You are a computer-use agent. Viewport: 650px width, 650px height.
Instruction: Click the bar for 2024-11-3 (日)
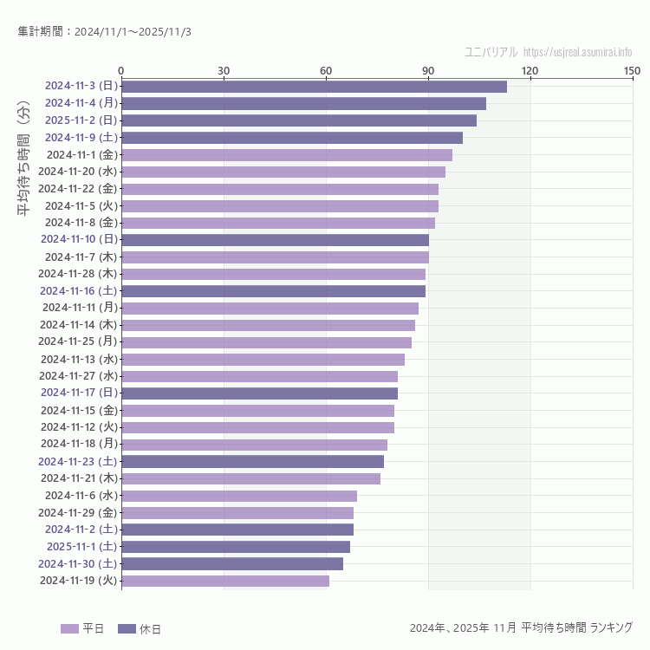[x=314, y=86]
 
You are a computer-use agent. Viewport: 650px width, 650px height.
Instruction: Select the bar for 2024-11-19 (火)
[x=225, y=581]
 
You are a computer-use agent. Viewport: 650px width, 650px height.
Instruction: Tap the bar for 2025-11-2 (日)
[x=298, y=120]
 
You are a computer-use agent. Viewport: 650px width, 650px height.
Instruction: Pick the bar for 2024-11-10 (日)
[x=275, y=239]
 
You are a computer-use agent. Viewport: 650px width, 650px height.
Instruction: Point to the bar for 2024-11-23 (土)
[x=252, y=461]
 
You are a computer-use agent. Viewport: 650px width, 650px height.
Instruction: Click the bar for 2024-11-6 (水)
[x=239, y=496]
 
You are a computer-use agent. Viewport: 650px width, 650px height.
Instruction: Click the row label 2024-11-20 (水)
[x=77, y=172]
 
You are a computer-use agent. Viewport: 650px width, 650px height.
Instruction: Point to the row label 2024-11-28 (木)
[x=77, y=274]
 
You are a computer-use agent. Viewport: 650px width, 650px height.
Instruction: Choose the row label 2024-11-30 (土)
[x=77, y=563]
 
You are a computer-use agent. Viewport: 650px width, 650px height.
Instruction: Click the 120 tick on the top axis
[x=530, y=70]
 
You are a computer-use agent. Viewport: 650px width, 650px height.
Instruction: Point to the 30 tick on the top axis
[x=224, y=70]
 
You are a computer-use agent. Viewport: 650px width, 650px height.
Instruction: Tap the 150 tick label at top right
[x=632, y=70]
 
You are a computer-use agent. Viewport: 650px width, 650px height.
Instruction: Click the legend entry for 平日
[x=82, y=628]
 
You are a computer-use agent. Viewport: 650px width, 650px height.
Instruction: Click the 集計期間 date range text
[x=104, y=32]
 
